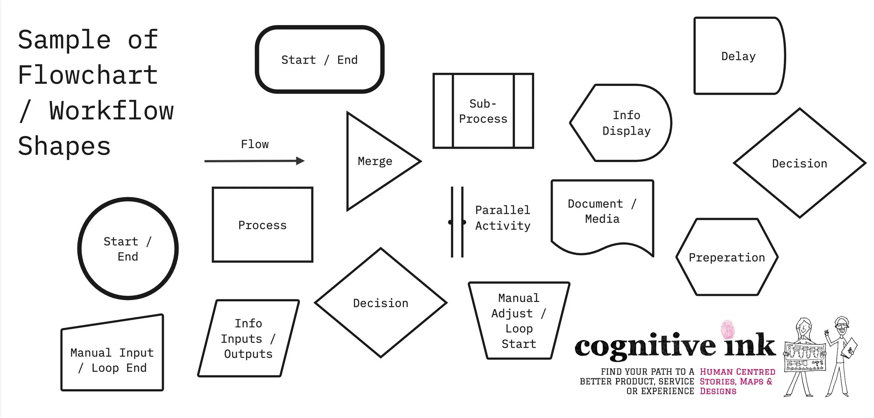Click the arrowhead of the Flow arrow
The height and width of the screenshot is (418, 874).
pyautogui.click(x=300, y=161)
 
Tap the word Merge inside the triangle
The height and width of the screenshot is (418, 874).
pyautogui.click(x=375, y=161)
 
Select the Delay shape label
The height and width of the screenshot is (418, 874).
pyautogui.click(x=738, y=56)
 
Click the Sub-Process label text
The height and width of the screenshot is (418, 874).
pyautogui.click(x=483, y=111)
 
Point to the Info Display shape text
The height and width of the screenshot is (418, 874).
pyautogui.click(x=626, y=123)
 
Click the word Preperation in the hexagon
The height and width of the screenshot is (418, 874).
pyautogui.click(x=727, y=258)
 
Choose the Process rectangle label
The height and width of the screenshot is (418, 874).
pyautogui.click(x=262, y=225)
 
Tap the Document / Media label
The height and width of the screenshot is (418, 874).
pyautogui.click(x=602, y=211)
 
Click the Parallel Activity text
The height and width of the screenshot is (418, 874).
pyautogui.click(x=502, y=218)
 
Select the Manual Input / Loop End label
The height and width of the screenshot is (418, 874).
pyautogui.click(x=112, y=360)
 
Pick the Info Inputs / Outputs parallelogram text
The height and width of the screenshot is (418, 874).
pyautogui.click(x=248, y=339)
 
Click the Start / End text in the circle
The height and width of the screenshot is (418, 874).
pyautogui.click(x=128, y=249)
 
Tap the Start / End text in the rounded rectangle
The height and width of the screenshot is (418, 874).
pyautogui.click(x=320, y=60)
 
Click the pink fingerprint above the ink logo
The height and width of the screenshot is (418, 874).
pyautogui.click(x=728, y=330)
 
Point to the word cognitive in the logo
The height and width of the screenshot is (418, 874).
pyautogui.click(x=645, y=346)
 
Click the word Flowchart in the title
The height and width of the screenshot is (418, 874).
pyautogui.click(x=88, y=75)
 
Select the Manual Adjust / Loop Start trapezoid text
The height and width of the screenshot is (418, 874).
pyautogui.click(x=519, y=321)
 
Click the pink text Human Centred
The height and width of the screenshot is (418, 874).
pyautogui.click(x=737, y=372)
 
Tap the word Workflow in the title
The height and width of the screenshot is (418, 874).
pyautogui.click(x=111, y=111)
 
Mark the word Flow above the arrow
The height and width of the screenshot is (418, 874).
pyautogui.click(x=255, y=144)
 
